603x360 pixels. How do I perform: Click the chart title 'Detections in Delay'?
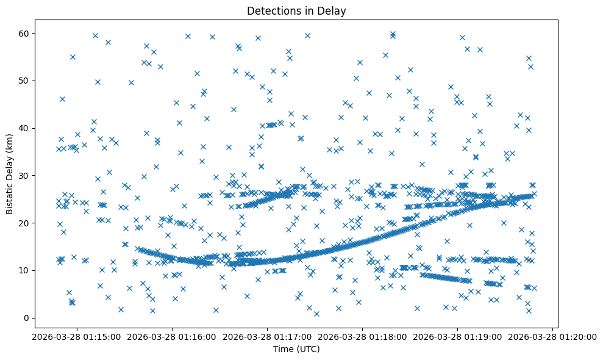pos(296,10)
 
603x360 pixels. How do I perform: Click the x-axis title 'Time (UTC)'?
pos(296,349)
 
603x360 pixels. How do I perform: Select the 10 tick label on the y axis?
pos(25,270)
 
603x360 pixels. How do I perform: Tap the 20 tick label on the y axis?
pos(25,223)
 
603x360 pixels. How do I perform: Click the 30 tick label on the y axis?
pos(25,176)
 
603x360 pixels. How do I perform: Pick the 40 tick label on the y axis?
pos(25,128)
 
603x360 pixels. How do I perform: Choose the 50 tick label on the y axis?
pos(25,81)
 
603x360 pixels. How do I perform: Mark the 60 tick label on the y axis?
pos(25,33)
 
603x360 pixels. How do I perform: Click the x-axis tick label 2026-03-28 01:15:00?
pos(76,336)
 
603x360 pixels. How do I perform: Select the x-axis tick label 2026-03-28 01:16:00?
pos(172,336)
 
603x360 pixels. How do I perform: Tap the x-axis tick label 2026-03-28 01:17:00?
pos(267,336)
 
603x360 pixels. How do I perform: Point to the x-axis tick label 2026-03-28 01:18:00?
pos(363,336)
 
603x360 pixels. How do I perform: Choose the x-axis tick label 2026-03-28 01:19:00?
pos(458,336)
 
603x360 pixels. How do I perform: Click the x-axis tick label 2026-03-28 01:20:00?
pos(554,336)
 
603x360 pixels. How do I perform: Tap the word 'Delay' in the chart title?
pos(333,10)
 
